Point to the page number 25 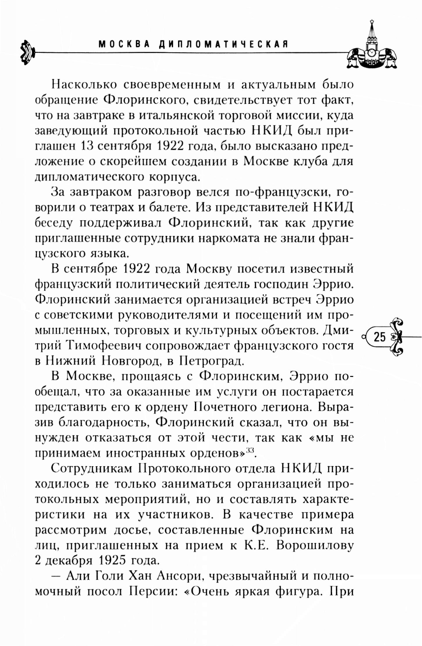tap(379, 337)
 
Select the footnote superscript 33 tap(251, 450)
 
